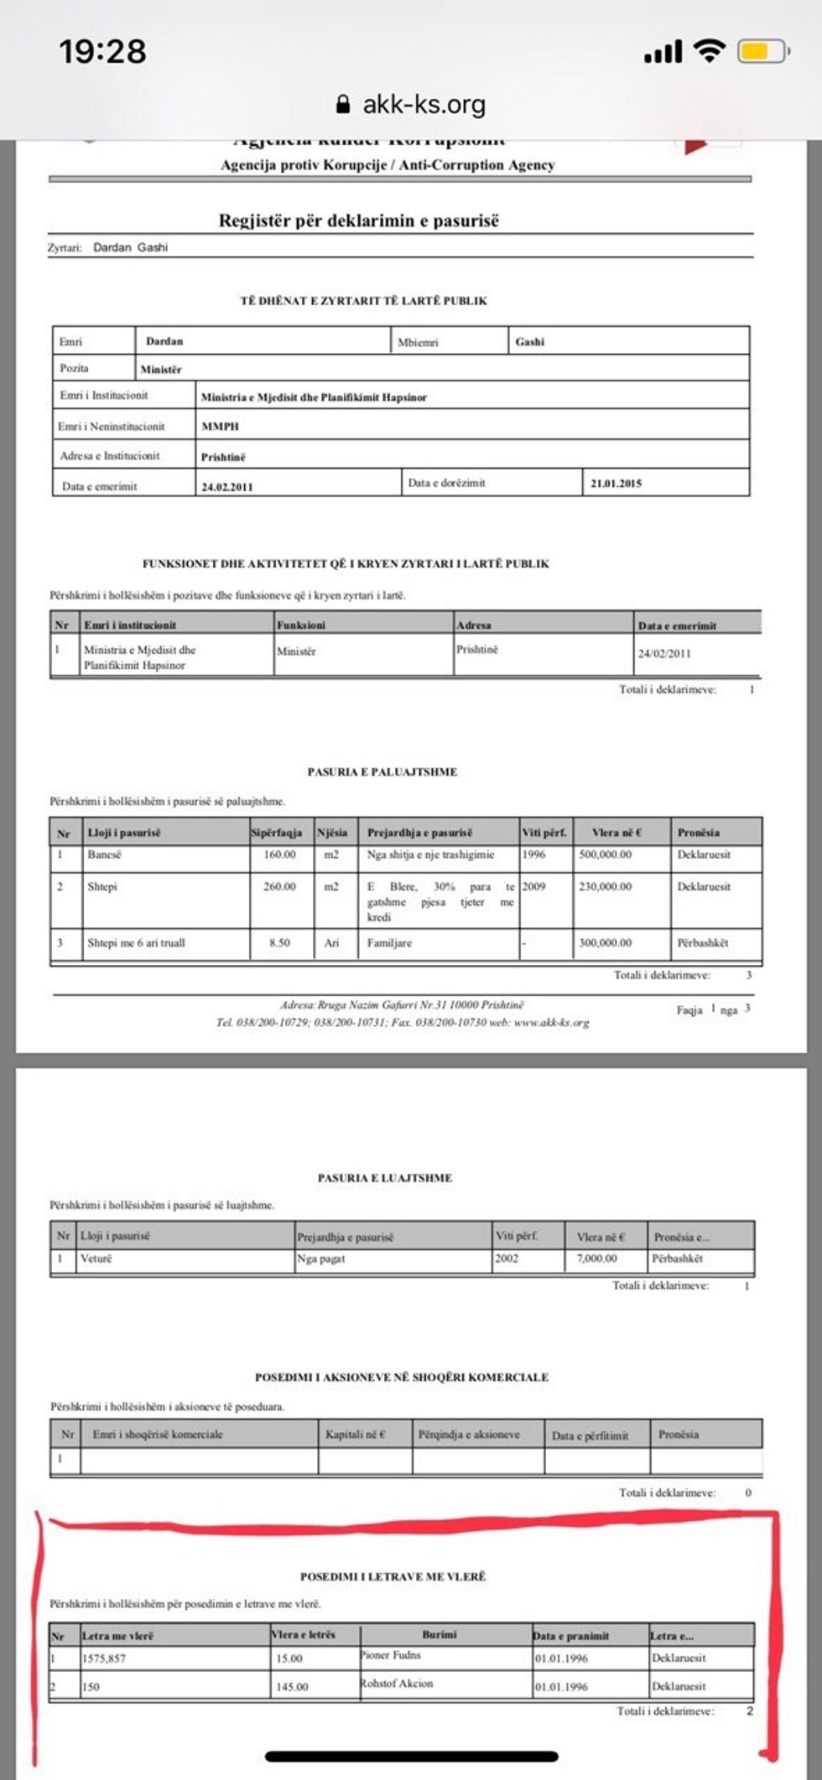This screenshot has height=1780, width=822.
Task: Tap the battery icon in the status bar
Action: click(x=761, y=53)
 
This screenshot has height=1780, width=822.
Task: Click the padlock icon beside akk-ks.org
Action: click(x=342, y=104)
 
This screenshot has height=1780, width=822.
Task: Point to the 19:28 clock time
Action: click(x=102, y=52)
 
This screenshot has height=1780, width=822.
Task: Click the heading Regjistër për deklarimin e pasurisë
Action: click(x=359, y=221)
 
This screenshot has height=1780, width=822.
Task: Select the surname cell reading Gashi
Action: click(x=530, y=341)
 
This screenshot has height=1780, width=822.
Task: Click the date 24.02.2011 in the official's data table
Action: click(x=227, y=486)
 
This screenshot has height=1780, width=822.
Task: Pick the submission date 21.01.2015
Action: click(x=616, y=483)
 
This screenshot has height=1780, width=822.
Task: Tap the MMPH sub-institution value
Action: click(x=221, y=426)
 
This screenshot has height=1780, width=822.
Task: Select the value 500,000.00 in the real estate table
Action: click(x=606, y=854)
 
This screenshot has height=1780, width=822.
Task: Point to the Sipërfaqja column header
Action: click(x=277, y=833)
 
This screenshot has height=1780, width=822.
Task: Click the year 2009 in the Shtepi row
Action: click(x=533, y=886)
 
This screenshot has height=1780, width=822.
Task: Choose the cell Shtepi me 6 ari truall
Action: click(x=136, y=942)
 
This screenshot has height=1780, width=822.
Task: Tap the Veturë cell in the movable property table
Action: click(x=96, y=1258)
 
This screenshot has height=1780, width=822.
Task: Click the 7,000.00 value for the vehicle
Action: click(x=597, y=1258)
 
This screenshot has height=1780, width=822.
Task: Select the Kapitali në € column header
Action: click(x=356, y=1435)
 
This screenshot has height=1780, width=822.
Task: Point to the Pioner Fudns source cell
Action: click(x=391, y=1655)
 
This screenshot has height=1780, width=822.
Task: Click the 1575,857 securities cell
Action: click(x=104, y=1658)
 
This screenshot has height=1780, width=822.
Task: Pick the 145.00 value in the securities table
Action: click(x=292, y=1686)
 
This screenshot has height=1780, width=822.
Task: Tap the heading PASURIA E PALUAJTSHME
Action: click(x=382, y=771)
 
